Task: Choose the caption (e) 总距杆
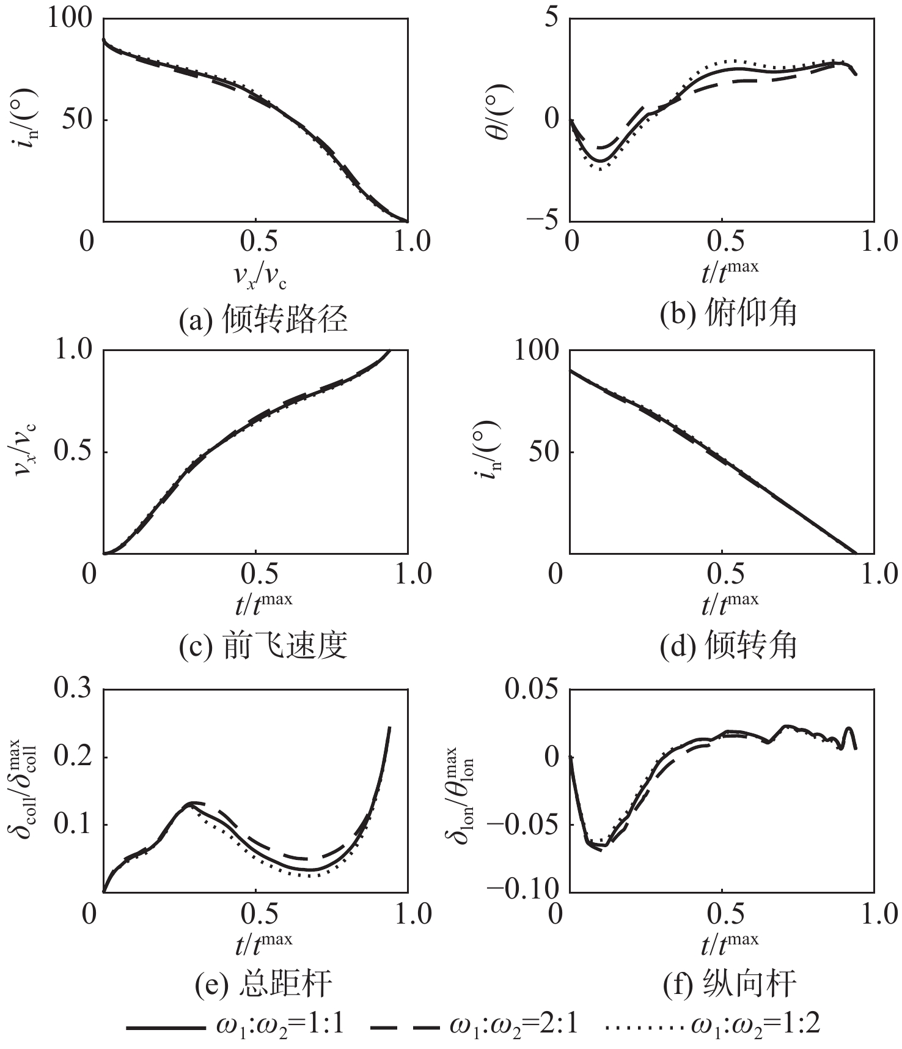click(263, 984)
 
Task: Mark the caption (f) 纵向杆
click(730, 984)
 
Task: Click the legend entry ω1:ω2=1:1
click(235, 1025)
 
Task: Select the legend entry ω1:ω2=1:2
click(712, 1025)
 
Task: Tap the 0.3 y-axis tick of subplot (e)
click(74, 689)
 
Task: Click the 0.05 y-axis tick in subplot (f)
click(532, 689)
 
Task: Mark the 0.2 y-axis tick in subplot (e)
click(74, 757)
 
